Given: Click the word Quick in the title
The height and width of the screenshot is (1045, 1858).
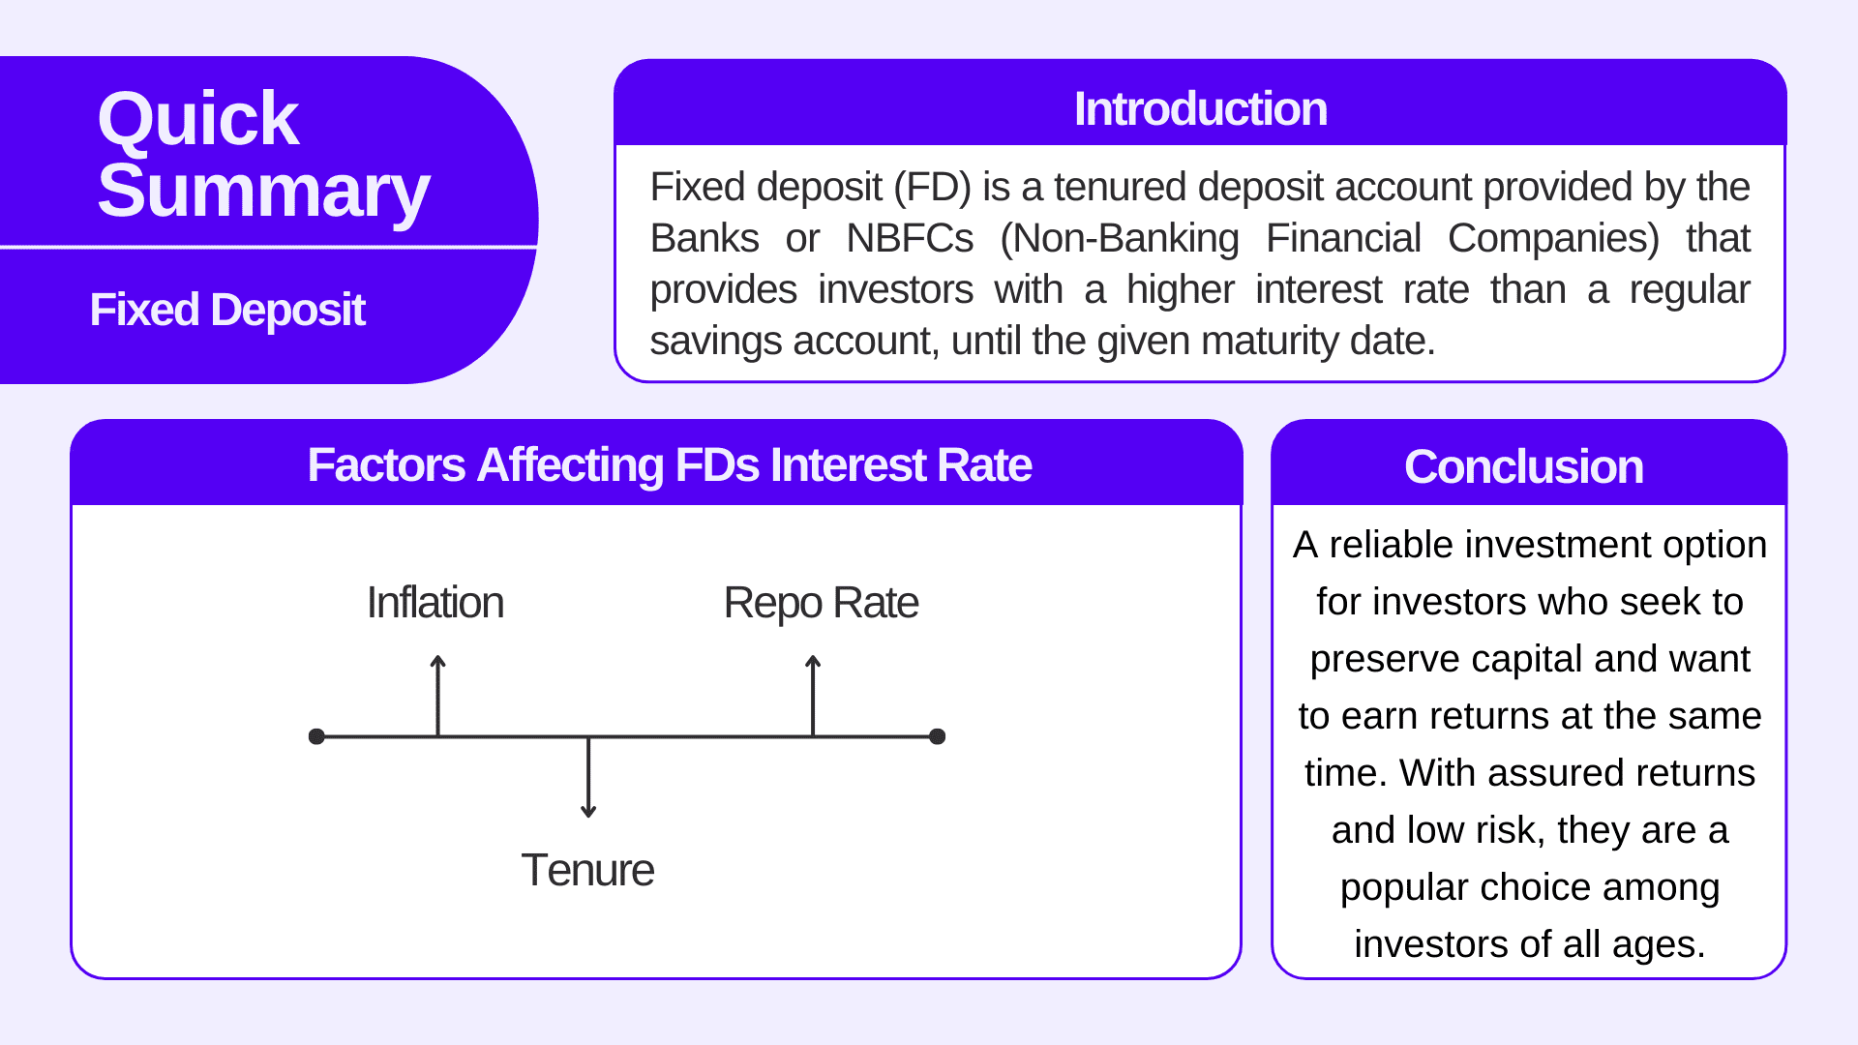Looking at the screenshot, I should [198, 120].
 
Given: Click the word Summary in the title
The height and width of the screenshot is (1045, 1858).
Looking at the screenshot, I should [263, 192].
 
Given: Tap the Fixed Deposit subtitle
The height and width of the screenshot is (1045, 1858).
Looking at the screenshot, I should [227, 311].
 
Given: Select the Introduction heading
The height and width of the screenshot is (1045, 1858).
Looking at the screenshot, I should [1200, 109].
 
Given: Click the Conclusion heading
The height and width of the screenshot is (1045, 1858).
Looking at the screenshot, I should [1523, 467].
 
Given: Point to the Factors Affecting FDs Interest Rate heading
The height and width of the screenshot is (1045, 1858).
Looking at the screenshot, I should [669, 465].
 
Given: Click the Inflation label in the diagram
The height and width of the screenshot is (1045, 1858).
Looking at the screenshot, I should [435, 603].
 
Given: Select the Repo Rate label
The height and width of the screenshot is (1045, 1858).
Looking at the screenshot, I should [821, 603].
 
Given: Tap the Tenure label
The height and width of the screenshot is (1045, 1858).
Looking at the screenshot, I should [587, 870].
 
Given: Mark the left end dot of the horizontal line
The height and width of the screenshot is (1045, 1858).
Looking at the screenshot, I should [316, 736].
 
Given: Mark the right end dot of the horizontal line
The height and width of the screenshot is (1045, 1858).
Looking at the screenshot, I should [937, 736].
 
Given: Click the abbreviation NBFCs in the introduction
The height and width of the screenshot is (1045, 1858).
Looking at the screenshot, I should [910, 239].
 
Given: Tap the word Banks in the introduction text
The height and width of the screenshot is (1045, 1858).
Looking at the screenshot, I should [704, 239].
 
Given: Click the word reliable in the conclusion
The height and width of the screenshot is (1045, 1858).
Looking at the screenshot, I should [1394, 545].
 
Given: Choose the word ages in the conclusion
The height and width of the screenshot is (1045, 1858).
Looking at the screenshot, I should [1658, 944].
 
